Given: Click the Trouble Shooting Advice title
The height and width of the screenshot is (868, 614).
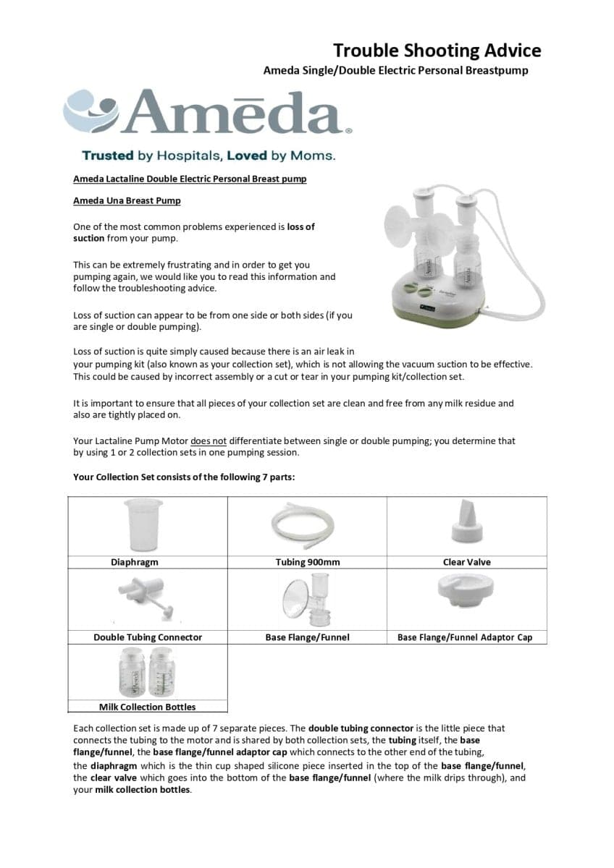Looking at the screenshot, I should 437,51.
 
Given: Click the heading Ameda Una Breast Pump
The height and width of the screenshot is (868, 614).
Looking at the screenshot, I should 127,200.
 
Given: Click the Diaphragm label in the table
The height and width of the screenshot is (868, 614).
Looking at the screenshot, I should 134,562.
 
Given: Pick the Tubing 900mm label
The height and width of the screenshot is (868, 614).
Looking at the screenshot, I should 307,562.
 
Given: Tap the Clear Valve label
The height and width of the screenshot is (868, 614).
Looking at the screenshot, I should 466,562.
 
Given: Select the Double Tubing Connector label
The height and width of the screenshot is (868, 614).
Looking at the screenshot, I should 148,637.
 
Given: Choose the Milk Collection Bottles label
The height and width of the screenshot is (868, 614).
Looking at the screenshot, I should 147,707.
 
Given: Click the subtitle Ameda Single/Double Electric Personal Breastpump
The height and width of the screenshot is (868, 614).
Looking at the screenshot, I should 395,71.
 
